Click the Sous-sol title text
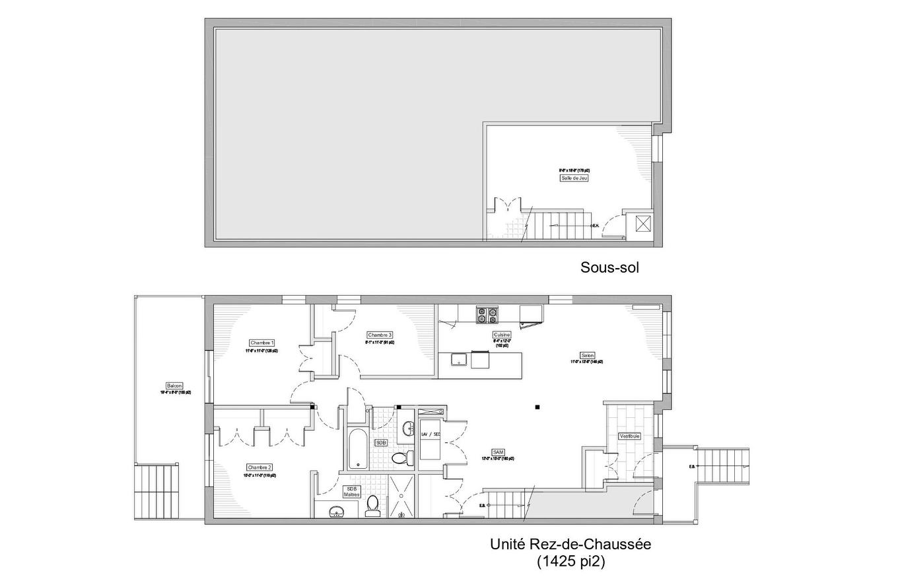click(x=609, y=267)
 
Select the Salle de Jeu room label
click(x=574, y=178)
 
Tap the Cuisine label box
click(x=501, y=335)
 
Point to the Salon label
click(x=587, y=355)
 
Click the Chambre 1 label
click(x=262, y=343)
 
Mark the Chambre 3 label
click(x=380, y=335)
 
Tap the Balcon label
click(x=174, y=386)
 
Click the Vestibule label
click(x=629, y=436)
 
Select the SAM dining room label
click(x=499, y=452)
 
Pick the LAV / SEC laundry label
click(x=431, y=434)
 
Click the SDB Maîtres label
click(x=351, y=491)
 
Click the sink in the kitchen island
click(x=459, y=359)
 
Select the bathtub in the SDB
click(x=355, y=449)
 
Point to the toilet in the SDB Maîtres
click(x=372, y=504)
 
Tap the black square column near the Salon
click(x=538, y=407)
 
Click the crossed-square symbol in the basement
click(x=642, y=224)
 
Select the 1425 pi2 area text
click(x=570, y=562)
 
